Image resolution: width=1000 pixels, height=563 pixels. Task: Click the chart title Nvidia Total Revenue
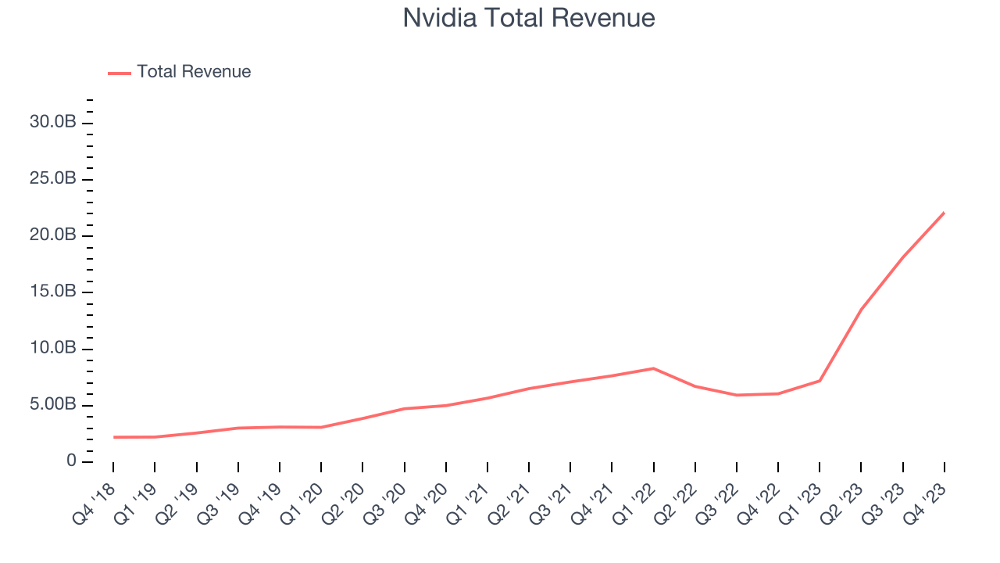point(528,18)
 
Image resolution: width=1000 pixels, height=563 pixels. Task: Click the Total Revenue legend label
point(194,72)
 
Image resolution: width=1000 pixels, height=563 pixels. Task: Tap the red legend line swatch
point(120,73)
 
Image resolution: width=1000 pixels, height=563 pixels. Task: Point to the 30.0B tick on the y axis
point(54,123)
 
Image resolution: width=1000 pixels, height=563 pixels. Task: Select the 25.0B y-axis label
point(54,179)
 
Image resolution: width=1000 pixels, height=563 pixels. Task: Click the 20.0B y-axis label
point(54,235)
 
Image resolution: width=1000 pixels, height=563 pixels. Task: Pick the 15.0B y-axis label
point(54,292)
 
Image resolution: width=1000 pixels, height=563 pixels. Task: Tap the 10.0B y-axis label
point(54,348)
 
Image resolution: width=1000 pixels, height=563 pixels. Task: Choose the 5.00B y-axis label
point(54,405)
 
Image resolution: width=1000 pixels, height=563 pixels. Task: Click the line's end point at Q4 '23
point(944,213)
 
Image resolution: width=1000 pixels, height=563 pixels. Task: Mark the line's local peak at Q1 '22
point(653,368)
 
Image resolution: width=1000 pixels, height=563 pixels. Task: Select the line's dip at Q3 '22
point(736,395)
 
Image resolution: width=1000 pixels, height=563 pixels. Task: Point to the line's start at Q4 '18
point(113,437)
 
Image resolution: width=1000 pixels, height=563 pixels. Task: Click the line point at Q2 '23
point(861,310)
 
